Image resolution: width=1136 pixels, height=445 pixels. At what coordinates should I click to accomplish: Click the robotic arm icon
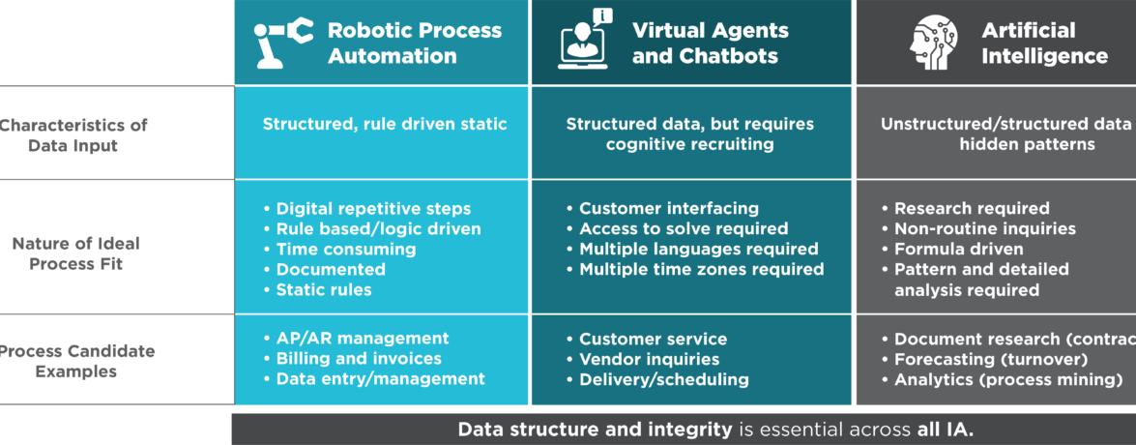(x=284, y=44)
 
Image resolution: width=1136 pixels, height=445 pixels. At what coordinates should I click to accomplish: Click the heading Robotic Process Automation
(x=415, y=44)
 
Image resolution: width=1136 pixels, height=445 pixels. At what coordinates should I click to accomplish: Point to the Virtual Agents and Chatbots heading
(x=710, y=44)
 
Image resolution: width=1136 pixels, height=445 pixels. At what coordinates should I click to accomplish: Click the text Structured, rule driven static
(x=385, y=125)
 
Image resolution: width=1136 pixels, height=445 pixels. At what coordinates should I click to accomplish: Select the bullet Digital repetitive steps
(x=373, y=208)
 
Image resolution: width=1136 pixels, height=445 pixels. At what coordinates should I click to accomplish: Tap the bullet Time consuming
(x=345, y=249)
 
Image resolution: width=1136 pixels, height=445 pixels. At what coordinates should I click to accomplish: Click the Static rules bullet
(x=323, y=289)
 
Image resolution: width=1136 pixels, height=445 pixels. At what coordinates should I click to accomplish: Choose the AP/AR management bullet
(x=362, y=339)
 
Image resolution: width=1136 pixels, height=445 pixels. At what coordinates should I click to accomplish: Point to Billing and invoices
(x=358, y=359)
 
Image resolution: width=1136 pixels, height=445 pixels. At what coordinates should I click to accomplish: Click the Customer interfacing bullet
(x=668, y=208)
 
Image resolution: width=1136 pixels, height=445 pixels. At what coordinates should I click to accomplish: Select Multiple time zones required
(x=701, y=269)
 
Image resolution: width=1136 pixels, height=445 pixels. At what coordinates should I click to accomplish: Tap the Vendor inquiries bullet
(x=649, y=359)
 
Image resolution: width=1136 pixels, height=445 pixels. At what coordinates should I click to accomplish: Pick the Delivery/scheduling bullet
(x=663, y=379)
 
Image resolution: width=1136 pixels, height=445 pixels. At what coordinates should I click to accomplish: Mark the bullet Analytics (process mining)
(x=1007, y=379)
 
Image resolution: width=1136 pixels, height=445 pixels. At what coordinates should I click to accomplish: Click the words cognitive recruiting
(x=689, y=145)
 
